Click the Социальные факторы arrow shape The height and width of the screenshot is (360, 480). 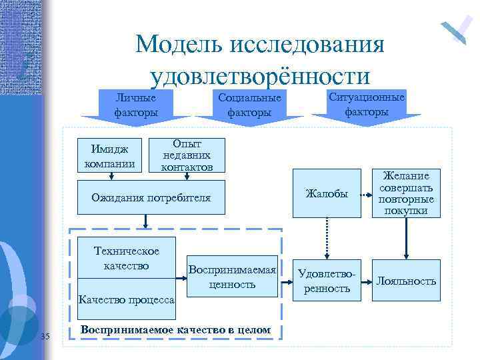click(x=249, y=105)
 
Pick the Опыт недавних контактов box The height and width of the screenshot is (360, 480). click(x=187, y=155)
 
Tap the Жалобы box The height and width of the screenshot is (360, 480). click(x=327, y=194)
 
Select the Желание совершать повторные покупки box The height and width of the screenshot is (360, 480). click(x=405, y=193)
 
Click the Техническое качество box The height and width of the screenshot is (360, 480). click(x=127, y=258)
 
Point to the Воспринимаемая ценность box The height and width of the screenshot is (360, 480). click(x=231, y=277)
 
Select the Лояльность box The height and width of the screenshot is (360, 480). click(x=406, y=281)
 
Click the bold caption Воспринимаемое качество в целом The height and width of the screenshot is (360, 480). click(x=175, y=330)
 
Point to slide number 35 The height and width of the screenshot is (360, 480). click(x=45, y=335)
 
